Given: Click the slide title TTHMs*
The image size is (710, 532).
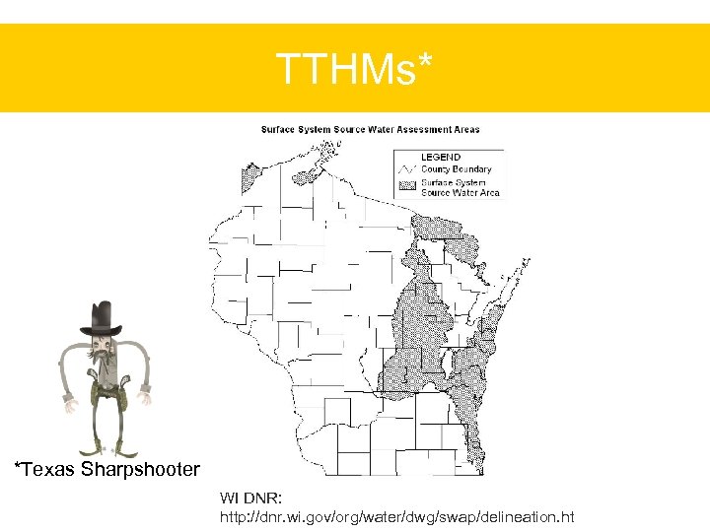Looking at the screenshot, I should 354,70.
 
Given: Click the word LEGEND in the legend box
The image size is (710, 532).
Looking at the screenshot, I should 440,158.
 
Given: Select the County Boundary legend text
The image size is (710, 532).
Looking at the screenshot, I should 456,169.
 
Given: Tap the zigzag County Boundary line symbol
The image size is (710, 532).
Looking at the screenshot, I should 407,169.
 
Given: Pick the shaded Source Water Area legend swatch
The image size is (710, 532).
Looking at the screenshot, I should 407,185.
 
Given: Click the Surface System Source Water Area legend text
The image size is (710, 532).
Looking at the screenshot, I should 460,187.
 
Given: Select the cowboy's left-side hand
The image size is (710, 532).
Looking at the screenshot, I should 68,402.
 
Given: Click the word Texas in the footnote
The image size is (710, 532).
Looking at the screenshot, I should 50,469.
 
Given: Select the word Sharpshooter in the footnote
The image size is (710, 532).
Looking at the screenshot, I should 140,469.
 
